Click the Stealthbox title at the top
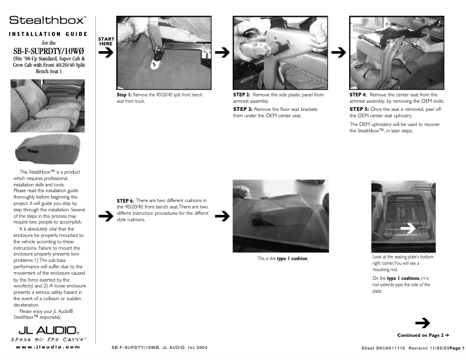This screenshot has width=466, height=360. [48, 20]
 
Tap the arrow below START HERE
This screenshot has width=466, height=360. [106, 53]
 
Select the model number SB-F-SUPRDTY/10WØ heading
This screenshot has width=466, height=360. [49, 51]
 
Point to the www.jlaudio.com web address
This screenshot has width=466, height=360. [46, 347]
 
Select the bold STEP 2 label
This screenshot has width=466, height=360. [242, 94]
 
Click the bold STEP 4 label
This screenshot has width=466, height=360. [358, 94]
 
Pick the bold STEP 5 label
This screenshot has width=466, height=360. [358, 109]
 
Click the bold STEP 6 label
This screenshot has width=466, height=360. [126, 201]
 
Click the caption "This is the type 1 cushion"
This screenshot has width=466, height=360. [282, 258]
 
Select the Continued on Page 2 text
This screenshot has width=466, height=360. [424, 335]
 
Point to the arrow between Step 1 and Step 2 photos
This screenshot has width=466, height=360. [221, 53]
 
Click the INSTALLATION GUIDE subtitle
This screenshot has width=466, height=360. [49, 34]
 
